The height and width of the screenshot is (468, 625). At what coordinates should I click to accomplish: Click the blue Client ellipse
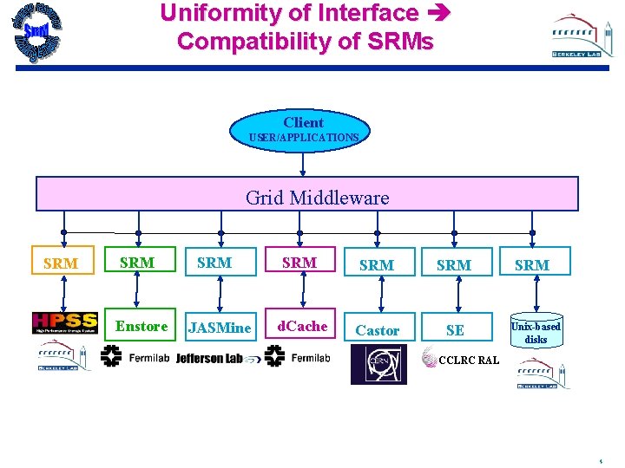click(x=303, y=129)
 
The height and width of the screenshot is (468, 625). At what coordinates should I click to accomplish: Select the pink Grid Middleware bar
click(x=306, y=194)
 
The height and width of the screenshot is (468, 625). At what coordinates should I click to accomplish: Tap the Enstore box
click(x=141, y=327)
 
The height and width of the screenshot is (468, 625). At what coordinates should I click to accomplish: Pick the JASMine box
click(x=220, y=328)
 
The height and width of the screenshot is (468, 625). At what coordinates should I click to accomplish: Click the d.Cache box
click(x=300, y=327)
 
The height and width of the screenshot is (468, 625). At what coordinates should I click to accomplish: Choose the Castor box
click(x=378, y=330)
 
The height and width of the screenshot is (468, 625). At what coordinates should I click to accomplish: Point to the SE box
click(x=455, y=330)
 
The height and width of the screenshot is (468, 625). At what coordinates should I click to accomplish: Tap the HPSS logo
click(x=65, y=322)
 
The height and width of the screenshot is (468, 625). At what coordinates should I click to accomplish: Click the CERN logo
click(x=378, y=364)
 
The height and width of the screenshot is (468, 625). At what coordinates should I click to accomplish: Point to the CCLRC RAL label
click(x=469, y=360)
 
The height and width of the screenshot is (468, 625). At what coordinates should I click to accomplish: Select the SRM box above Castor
click(x=377, y=265)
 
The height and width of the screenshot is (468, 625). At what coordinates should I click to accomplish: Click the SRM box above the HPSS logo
click(x=61, y=263)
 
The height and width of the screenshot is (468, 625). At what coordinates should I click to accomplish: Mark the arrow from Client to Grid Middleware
click(x=303, y=161)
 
